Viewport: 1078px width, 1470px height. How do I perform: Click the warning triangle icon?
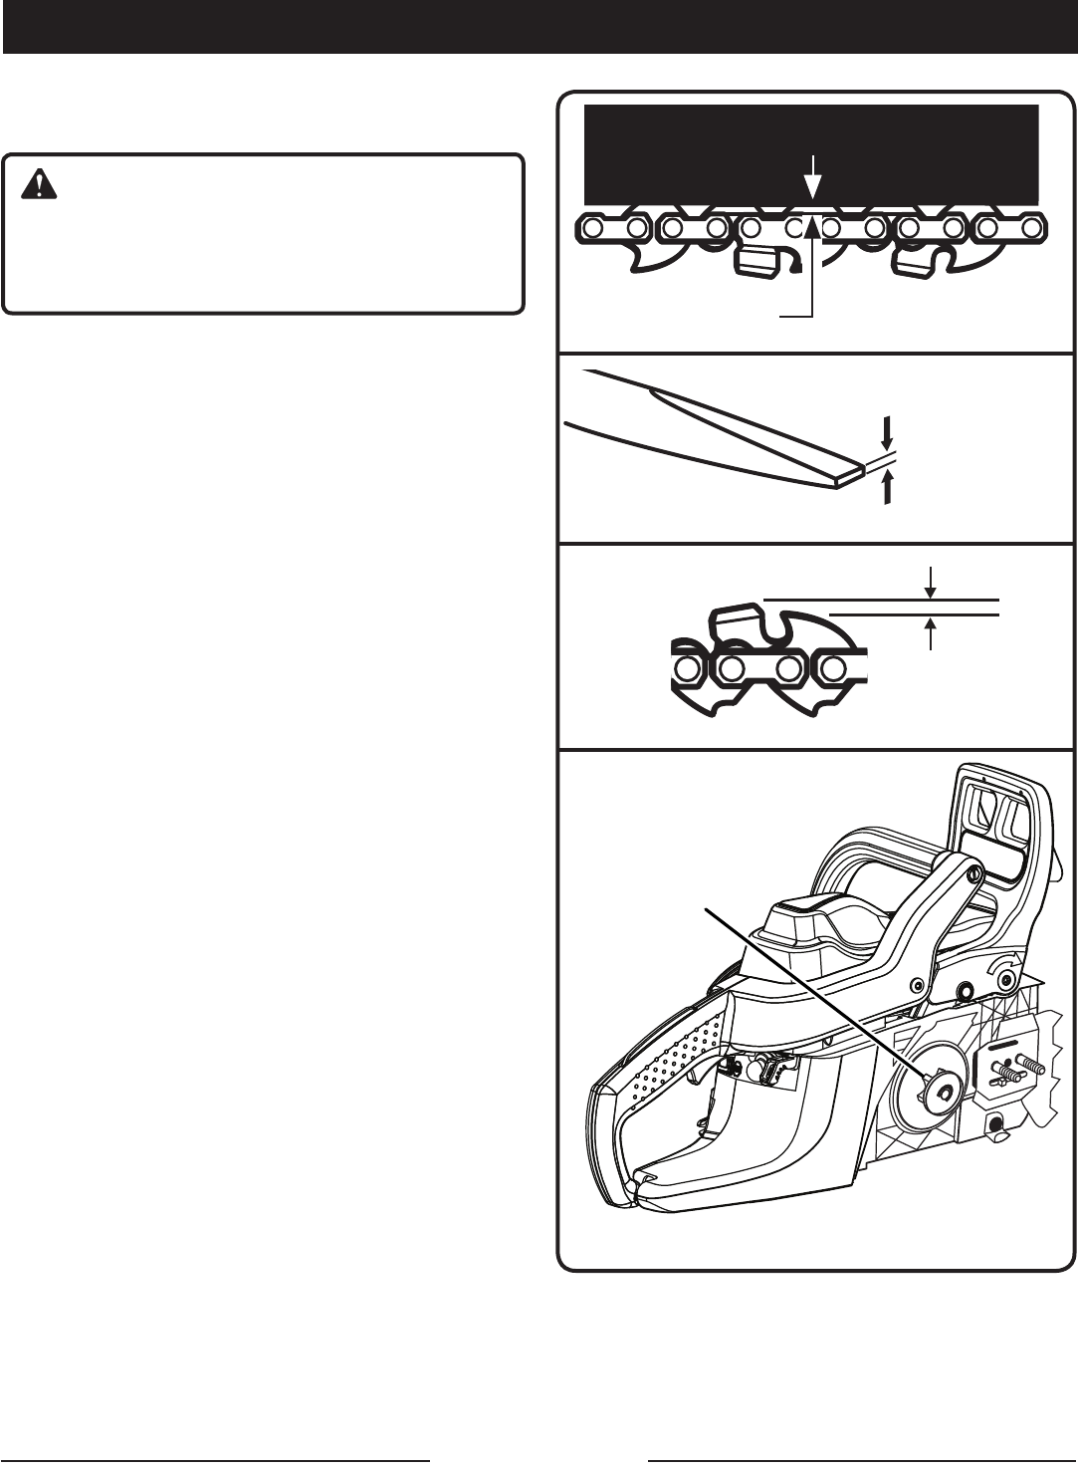click(41, 182)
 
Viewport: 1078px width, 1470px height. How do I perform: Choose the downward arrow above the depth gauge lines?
click(931, 581)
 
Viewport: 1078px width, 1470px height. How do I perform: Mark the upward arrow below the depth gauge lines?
click(931, 633)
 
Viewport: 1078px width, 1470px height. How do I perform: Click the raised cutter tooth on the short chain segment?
click(739, 623)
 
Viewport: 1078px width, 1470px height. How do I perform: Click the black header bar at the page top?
click(539, 26)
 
